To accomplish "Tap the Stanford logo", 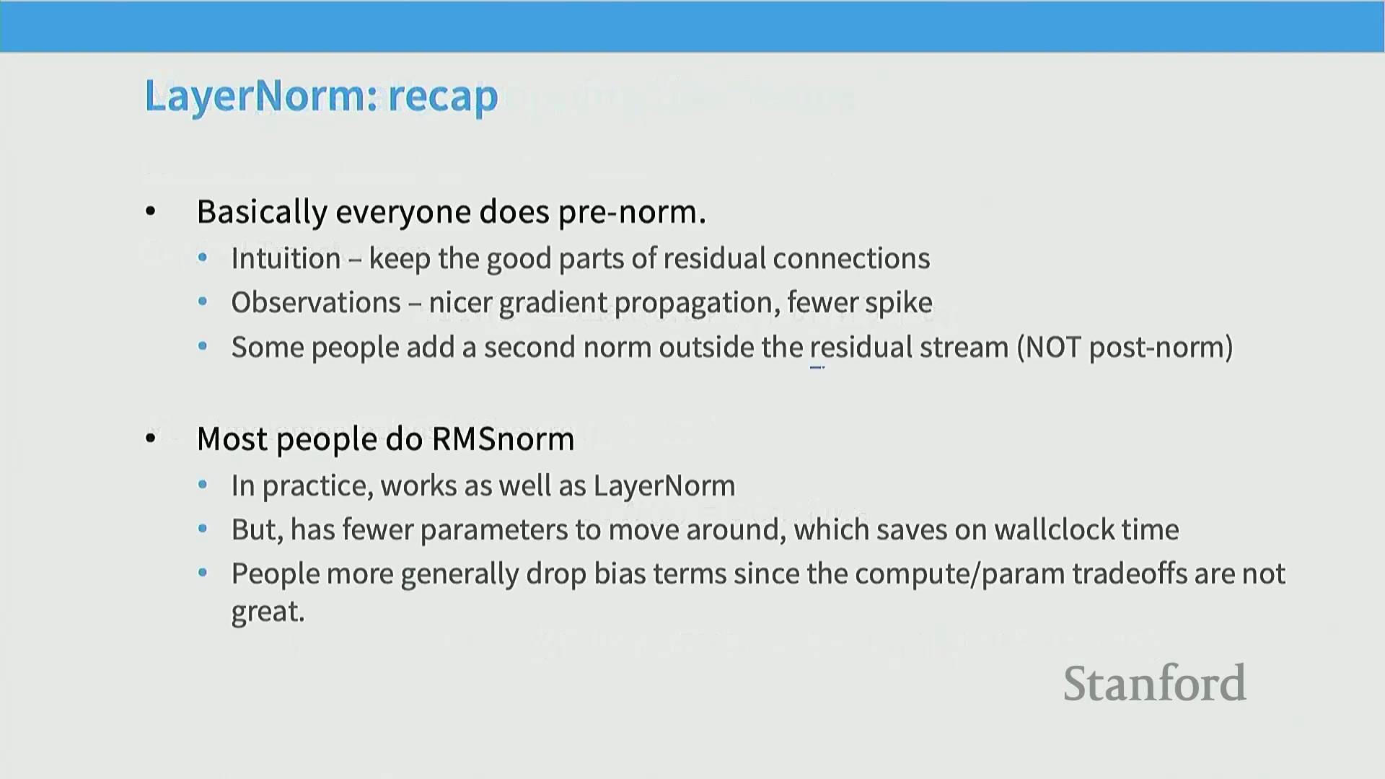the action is [x=1154, y=683].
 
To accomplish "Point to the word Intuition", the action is [x=286, y=258].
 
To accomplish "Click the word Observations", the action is [x=316, y=302].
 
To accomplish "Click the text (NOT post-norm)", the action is [x=1125, y=348].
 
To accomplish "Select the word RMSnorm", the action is [x=503, y=439].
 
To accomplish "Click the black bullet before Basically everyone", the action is [x=150, y=211].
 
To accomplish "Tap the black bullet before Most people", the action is [x=151, y=438].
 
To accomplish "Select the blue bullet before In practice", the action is [x=203, y=485].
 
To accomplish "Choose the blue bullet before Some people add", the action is [x=203, y=347].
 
